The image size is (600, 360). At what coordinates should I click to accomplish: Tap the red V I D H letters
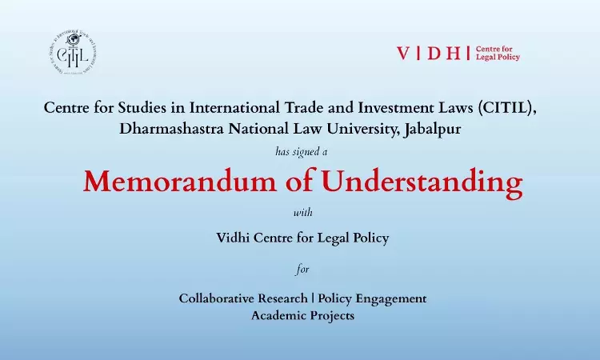coord(432,54)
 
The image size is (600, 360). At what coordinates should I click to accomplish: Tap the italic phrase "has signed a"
coord(300,150)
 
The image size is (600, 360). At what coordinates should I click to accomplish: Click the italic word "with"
coord(300,213)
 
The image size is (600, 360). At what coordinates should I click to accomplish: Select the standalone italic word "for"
coord(302,270)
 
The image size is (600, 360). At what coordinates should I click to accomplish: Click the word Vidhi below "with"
coord(234,236)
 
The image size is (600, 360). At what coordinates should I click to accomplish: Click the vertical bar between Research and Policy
coord(314,298)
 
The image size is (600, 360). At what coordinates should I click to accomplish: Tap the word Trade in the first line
coord(302,107)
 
